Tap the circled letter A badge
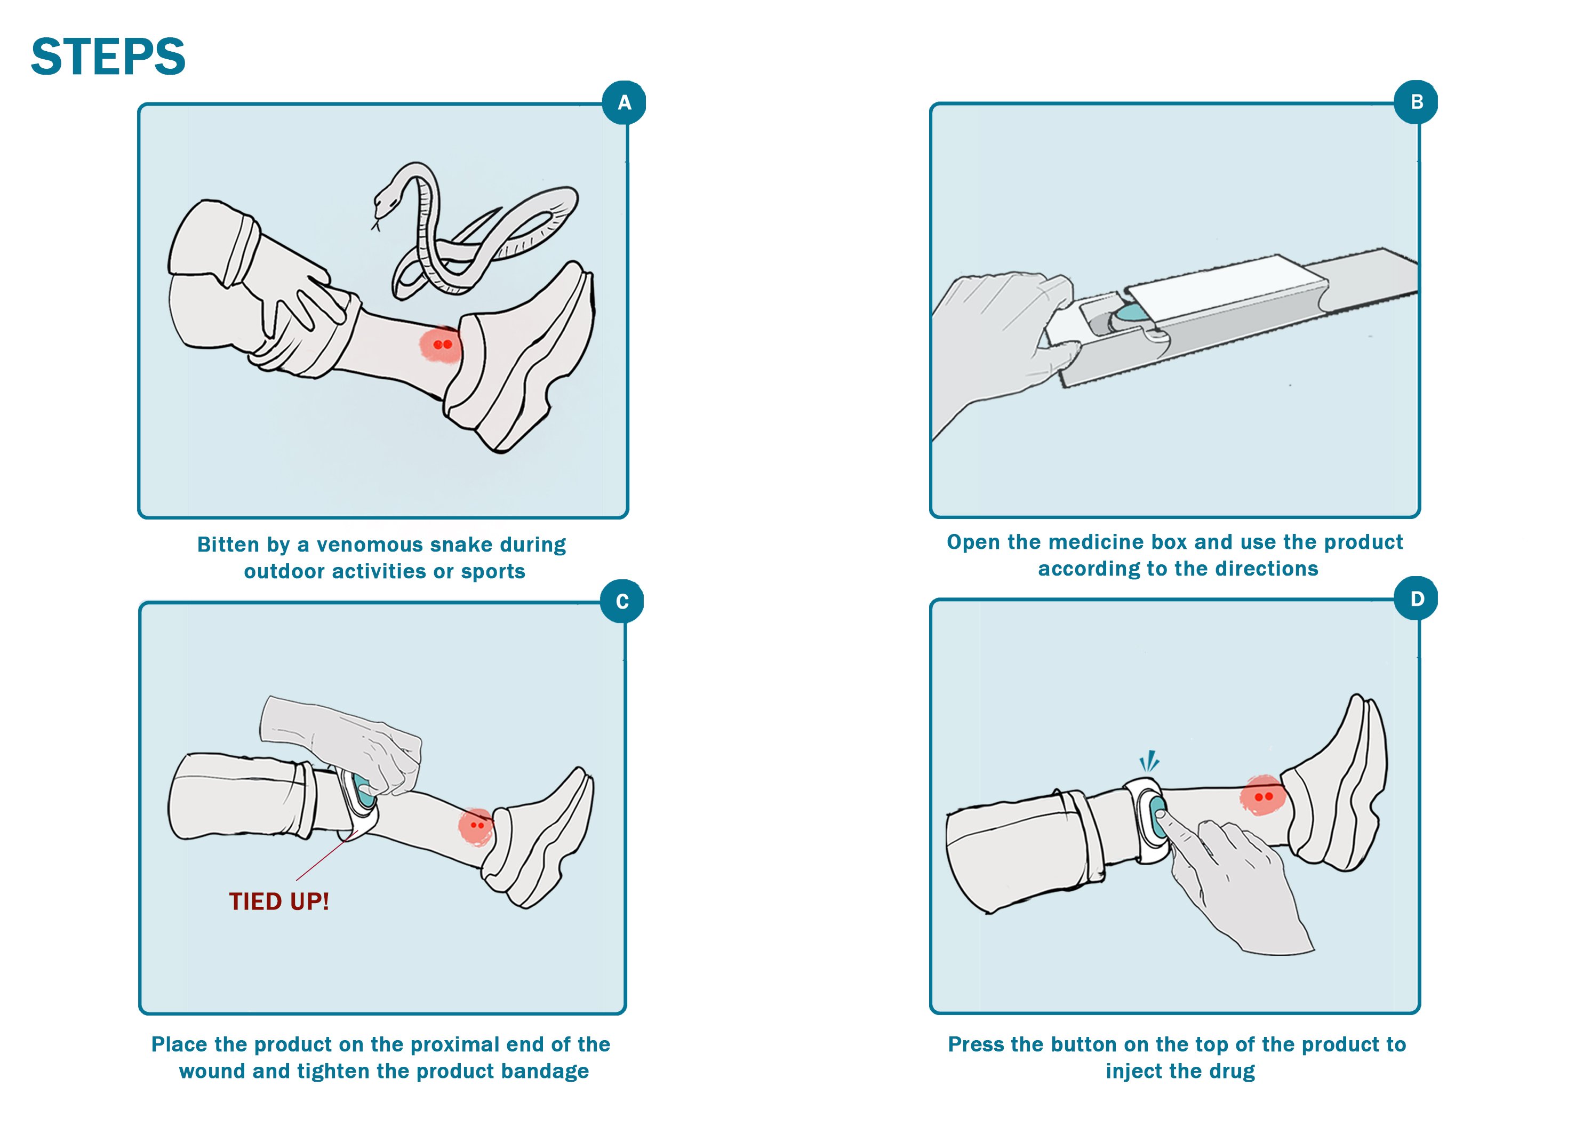click(625, 103)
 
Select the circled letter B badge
click(1417, 102)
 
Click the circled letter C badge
click(622, 601)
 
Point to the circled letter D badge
click(1417, 598)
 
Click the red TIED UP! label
click(279, 901)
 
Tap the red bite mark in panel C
click(476, 826)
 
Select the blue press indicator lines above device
click(1149, 761)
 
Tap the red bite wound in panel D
click(1263, 796)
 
